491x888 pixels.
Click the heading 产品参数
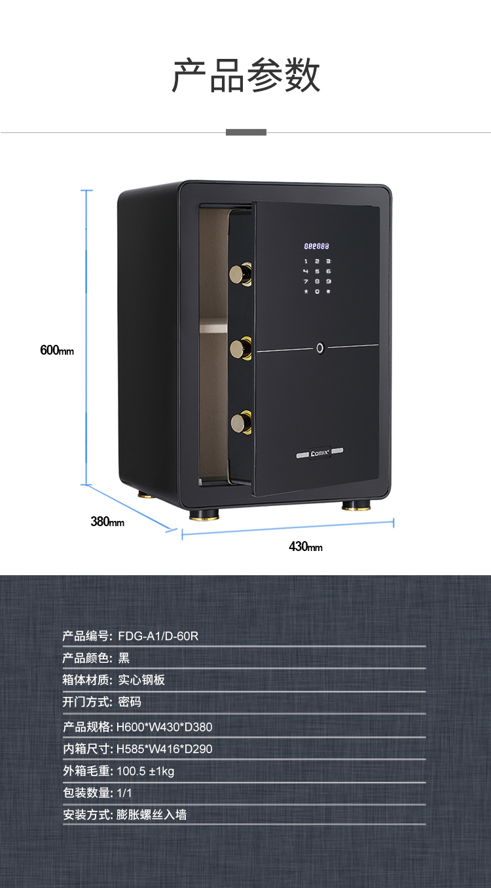(245, 75)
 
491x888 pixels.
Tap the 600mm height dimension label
(57, 350)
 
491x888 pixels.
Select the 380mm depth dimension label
(107, 522)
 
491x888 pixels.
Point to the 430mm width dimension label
(306, 546)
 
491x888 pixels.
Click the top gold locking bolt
(240, 272)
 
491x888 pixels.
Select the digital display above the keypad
(316, 247)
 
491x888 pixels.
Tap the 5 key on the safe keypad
(317, 271)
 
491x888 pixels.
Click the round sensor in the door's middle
(320, 347)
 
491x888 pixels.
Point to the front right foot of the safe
(356, 506)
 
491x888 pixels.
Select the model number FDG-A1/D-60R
(158, 635)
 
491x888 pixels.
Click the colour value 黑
(124, 658)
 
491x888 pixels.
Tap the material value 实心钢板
(141, 680)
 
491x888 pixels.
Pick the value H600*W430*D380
(164, 726)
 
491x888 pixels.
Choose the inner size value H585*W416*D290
(164, 749)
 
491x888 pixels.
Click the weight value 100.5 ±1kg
(145, 771)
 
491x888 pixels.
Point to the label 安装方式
(88, 815)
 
